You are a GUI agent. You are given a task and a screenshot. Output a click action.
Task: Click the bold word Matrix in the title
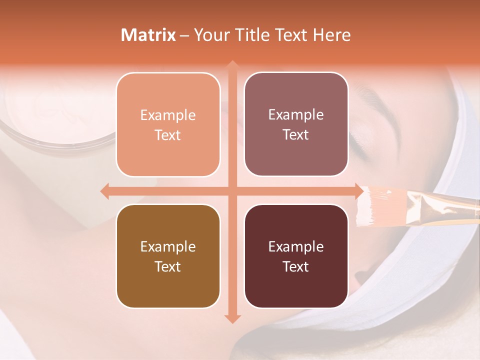(148, 35)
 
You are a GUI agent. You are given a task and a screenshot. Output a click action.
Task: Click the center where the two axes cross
(231, 191)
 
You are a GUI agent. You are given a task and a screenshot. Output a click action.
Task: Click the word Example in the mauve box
(296, 115)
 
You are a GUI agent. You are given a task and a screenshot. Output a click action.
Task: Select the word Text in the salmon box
(168, 135)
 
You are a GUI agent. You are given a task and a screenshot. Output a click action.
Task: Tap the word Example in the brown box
(168, 246)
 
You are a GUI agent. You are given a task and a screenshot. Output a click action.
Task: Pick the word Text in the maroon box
(296, 267)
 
